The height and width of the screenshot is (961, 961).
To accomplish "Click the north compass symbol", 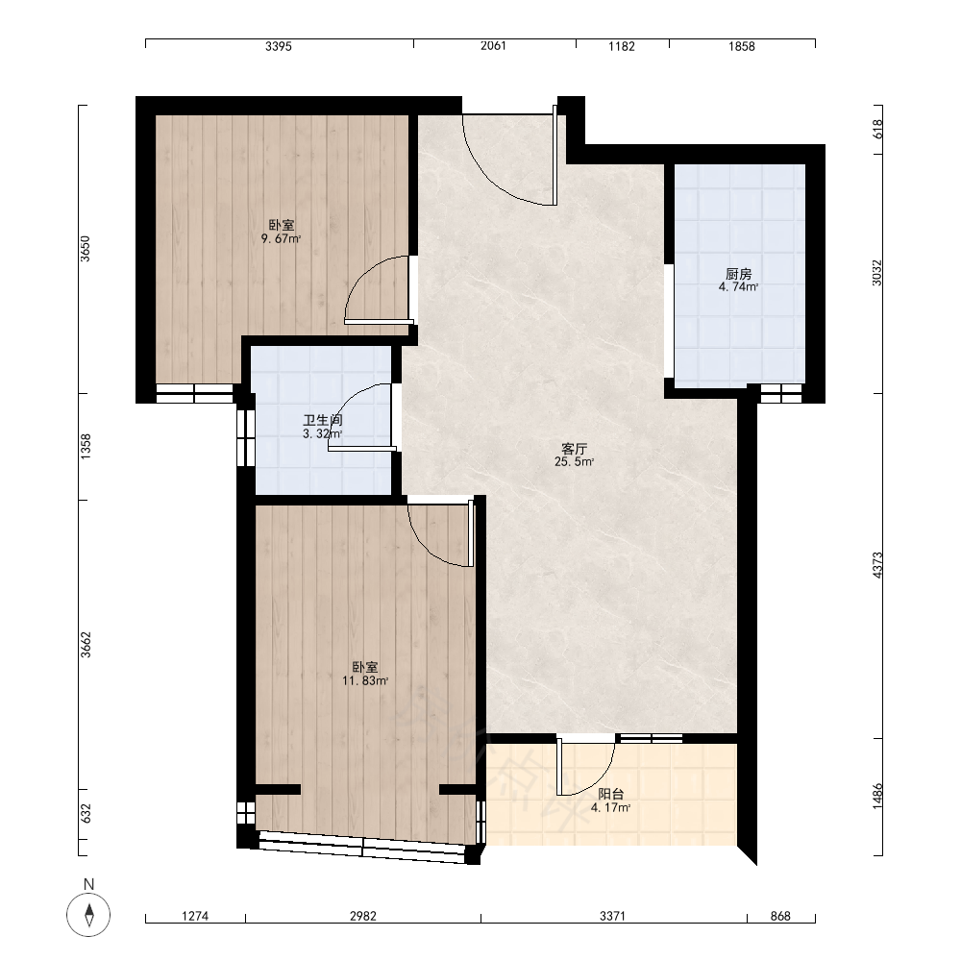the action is coord(88,915).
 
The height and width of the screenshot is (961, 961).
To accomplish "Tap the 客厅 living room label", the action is coord(575,449).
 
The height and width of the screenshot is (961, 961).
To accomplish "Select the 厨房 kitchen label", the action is coord(738,274).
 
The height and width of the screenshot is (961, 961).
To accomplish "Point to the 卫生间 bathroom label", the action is coord(322,421).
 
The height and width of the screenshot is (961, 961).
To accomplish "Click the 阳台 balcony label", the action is coord(611,795).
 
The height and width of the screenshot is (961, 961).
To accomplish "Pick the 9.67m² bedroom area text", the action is coord(282,239).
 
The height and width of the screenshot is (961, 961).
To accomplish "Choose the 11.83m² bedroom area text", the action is coord(365,680).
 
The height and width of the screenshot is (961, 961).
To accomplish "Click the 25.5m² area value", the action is coord(575,462).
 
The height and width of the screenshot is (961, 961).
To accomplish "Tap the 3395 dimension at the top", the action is coord(279,46).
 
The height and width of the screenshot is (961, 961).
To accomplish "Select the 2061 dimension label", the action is coord(493,46).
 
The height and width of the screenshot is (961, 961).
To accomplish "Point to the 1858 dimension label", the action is coord(742,46).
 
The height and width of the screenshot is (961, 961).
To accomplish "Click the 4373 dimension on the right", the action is coord(877,565).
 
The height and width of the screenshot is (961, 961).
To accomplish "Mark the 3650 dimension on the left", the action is coord(86,249).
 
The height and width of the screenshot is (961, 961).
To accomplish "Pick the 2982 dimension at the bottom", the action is coord(363,916).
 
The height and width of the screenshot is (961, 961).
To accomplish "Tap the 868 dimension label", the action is coord(780,916).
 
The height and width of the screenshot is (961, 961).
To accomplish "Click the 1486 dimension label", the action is coord(877,796).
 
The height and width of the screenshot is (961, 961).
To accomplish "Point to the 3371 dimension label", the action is coord(612,916).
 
